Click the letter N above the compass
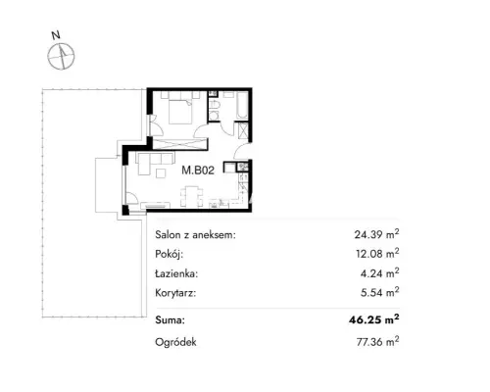point(56,35)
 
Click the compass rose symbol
point(61,56)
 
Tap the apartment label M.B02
point(198,171)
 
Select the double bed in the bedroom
point(180,112)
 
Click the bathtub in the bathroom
point(242,105)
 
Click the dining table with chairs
point(191,196)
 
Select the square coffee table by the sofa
point(161,172)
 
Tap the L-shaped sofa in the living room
point(154,163)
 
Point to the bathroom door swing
point(227,128)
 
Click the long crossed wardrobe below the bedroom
point(180,144)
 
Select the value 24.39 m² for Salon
point(376,234)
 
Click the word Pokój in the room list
point(170,254)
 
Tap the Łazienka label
point(176,273)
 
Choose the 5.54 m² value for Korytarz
point(379,292)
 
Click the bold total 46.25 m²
point(374,319)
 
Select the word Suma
point(170,319)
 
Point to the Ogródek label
point(175,342)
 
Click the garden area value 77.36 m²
point(377,342)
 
